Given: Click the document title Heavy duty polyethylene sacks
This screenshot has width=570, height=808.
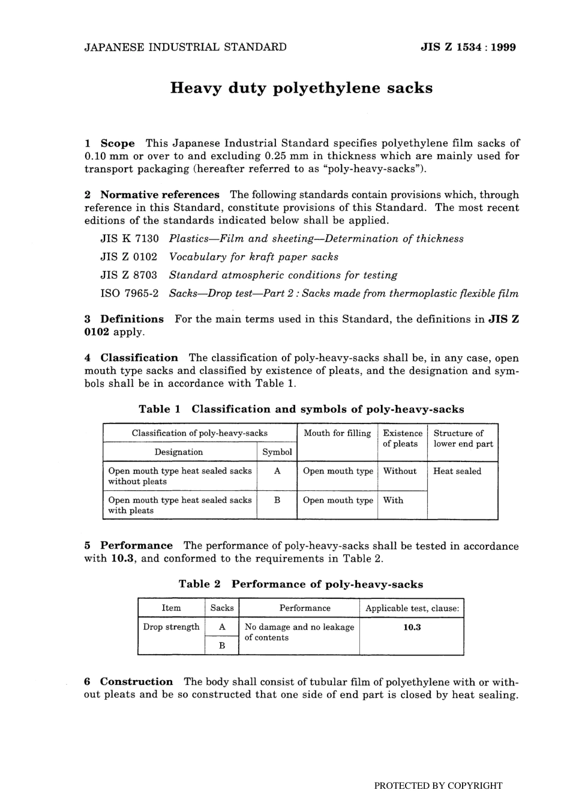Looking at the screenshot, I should pos(301,88).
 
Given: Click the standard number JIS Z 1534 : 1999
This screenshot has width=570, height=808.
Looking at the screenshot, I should pos(469,47).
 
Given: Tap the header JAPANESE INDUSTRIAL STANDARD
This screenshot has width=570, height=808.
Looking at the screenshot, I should pos(185,47).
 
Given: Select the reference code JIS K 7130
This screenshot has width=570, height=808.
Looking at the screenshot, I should pos(129,238).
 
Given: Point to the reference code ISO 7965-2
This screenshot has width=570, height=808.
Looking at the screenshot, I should pos(129,294).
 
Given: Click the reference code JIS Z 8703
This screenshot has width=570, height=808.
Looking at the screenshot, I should pos(129,275).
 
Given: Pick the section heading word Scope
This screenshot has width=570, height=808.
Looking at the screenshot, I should pos(118,143).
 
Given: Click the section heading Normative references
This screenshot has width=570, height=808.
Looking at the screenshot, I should pos(160,195).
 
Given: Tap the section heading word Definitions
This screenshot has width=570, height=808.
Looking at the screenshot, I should pos(131,319).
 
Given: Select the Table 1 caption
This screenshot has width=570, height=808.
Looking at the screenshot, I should pos(301,409).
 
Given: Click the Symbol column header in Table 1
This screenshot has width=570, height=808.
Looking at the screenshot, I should pos(277,452).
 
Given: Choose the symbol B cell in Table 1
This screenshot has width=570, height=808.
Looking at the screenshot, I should pos(277,500).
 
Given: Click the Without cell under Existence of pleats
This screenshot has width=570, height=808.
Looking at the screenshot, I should pos(400,471).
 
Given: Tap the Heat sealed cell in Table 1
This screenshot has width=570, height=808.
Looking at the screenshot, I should pos(457,471).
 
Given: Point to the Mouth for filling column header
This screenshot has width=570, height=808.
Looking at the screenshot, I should pos(337,433).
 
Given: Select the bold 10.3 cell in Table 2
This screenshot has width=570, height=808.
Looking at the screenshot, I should pos(412,627).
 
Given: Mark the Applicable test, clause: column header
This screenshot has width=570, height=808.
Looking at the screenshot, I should pos(412,608).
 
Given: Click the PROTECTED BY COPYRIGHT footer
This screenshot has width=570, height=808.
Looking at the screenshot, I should pos(438,785).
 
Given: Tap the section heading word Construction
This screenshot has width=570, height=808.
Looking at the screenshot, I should pos(136,681).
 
